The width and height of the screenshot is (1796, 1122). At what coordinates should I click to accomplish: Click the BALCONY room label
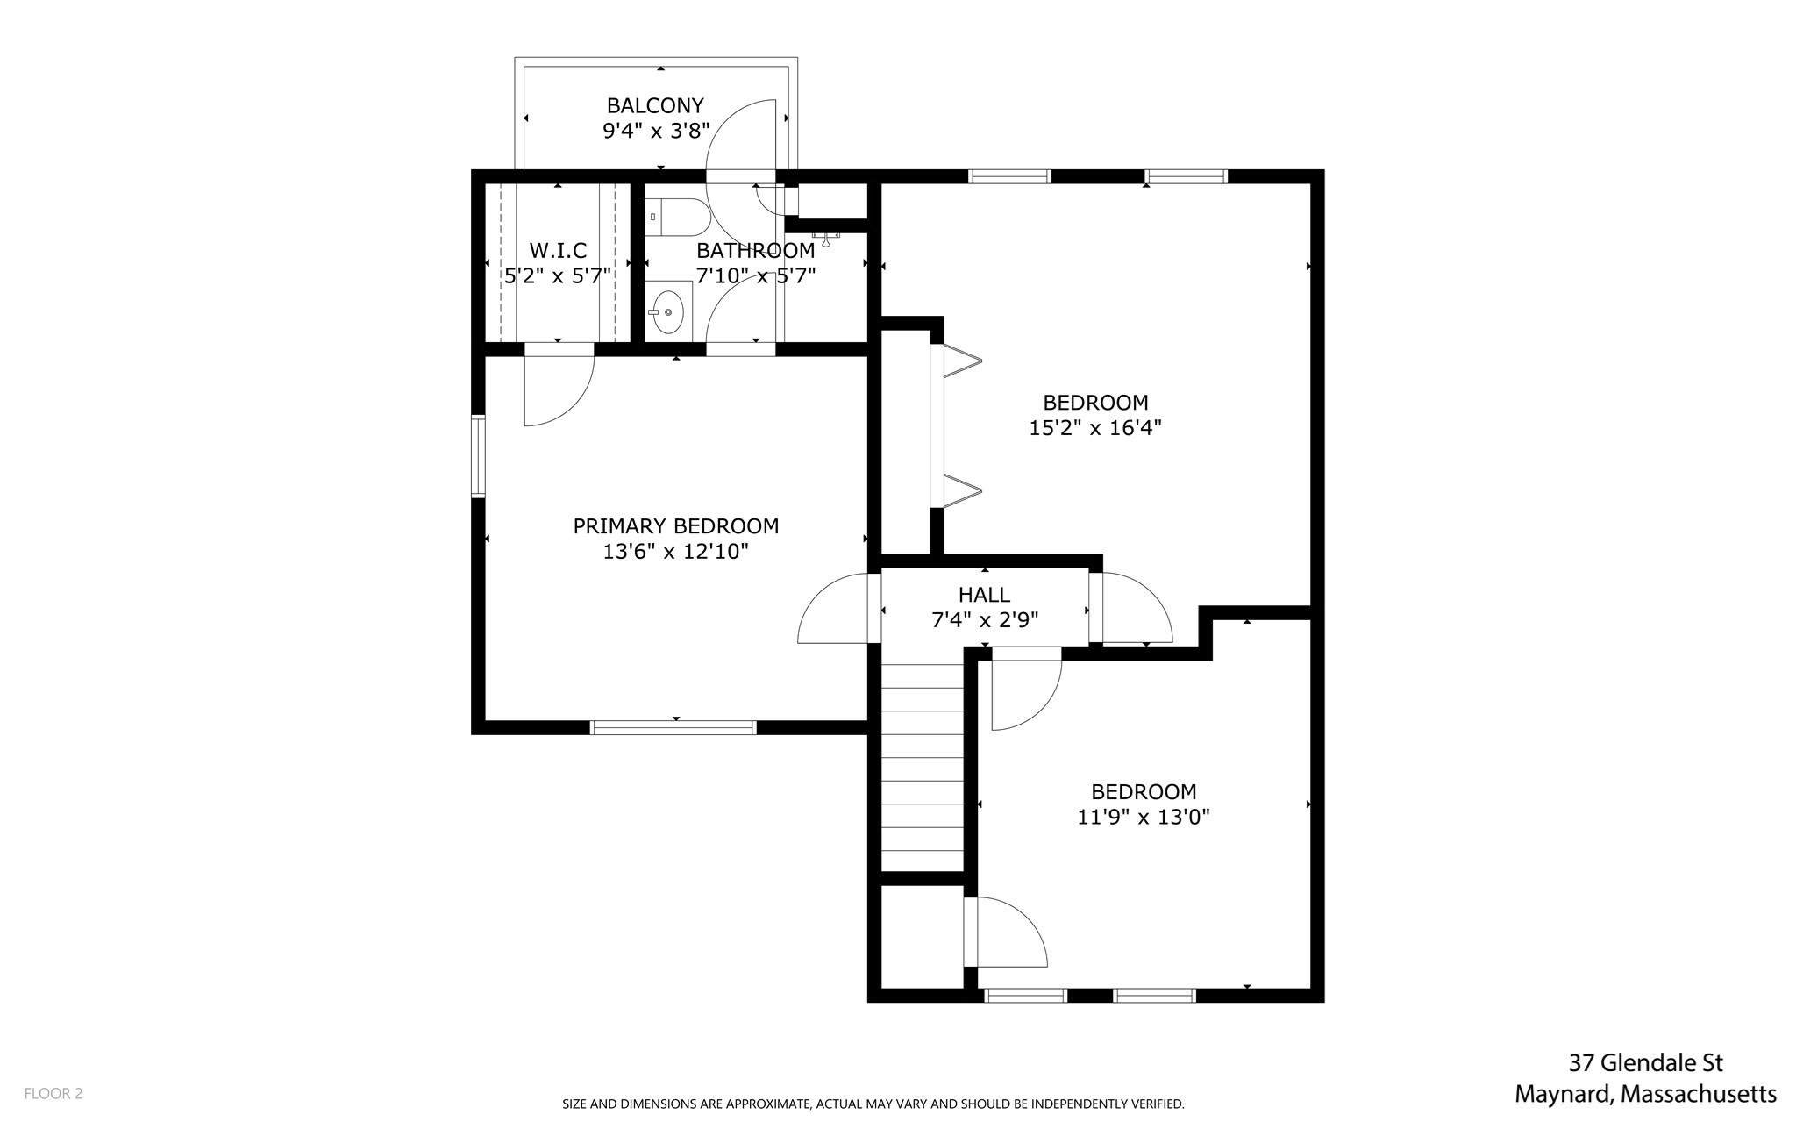(x=655, y=106)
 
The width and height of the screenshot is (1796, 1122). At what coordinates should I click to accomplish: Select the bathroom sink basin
(x=669, y=311)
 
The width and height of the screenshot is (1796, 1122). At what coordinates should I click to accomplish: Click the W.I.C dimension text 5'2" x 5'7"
(x=558, y=276)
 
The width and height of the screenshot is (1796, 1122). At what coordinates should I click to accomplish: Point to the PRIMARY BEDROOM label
(x=675, y=526)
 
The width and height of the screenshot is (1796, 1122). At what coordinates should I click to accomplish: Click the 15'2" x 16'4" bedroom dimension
(x=1094, y=428)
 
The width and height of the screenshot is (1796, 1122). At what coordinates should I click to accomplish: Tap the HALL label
(x=984, y=595)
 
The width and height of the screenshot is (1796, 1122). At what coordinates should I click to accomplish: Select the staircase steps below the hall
(x=922, y=768)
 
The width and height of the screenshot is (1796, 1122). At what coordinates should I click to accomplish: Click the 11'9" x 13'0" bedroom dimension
(x=1143, y=818)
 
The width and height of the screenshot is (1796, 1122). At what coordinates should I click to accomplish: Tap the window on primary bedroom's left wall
(x=478, y=456)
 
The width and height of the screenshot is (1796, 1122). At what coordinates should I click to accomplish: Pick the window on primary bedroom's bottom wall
(x=673, y=727)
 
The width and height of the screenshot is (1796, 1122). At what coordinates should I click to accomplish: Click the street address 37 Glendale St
(x=1645, y=1063)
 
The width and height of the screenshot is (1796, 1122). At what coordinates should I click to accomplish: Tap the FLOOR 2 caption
(x=53, y=1094)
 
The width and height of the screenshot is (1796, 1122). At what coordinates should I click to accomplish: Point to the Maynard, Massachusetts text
(x=1645, y=1095)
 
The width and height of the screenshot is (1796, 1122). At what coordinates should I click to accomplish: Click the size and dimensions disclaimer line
(x=873, y=1104)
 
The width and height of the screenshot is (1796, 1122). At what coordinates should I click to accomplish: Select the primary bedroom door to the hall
(x=833, y=610)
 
